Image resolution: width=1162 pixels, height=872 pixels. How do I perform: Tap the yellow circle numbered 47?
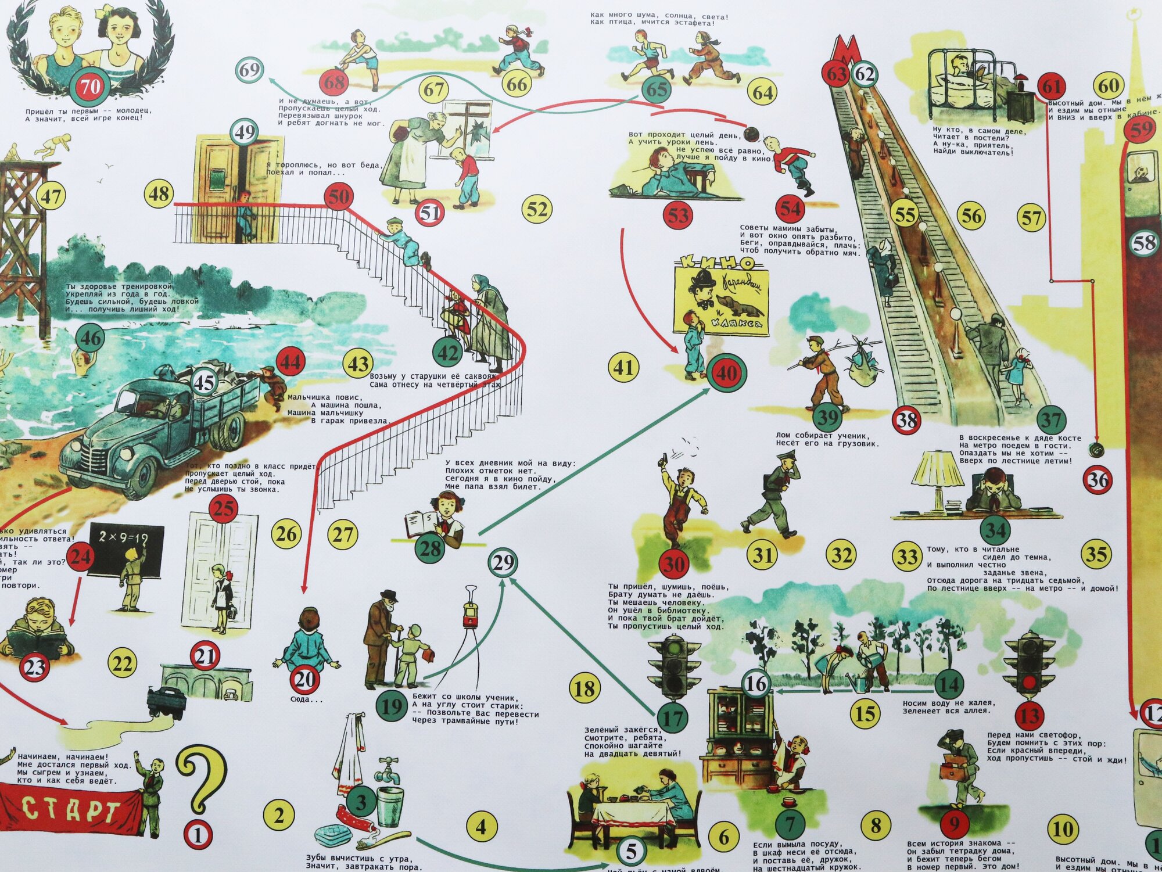pos(51,196)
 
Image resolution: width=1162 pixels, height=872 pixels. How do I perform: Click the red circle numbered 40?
pos(726,372)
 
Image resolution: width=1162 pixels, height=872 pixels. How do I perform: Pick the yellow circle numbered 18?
pos(584,688)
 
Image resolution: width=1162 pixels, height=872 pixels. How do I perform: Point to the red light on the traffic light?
pos(1029,679)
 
